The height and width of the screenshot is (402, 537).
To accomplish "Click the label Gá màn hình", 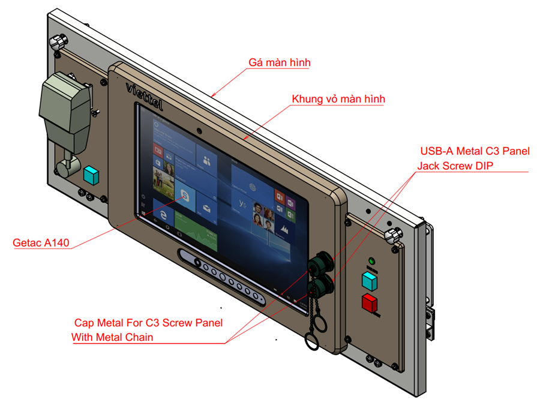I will click(279, 62).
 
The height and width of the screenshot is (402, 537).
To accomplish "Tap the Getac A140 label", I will click(41, 243).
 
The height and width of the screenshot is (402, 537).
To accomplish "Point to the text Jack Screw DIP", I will click(456, 166).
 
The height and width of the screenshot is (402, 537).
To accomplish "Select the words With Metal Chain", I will click(112, 337).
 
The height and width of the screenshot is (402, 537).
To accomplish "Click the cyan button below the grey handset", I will click(91, 175).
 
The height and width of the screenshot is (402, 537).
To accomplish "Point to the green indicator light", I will click(371, 262).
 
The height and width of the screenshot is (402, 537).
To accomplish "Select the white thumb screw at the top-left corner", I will click(58, 43).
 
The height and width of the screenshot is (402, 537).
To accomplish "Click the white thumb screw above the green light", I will click(394, 235).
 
